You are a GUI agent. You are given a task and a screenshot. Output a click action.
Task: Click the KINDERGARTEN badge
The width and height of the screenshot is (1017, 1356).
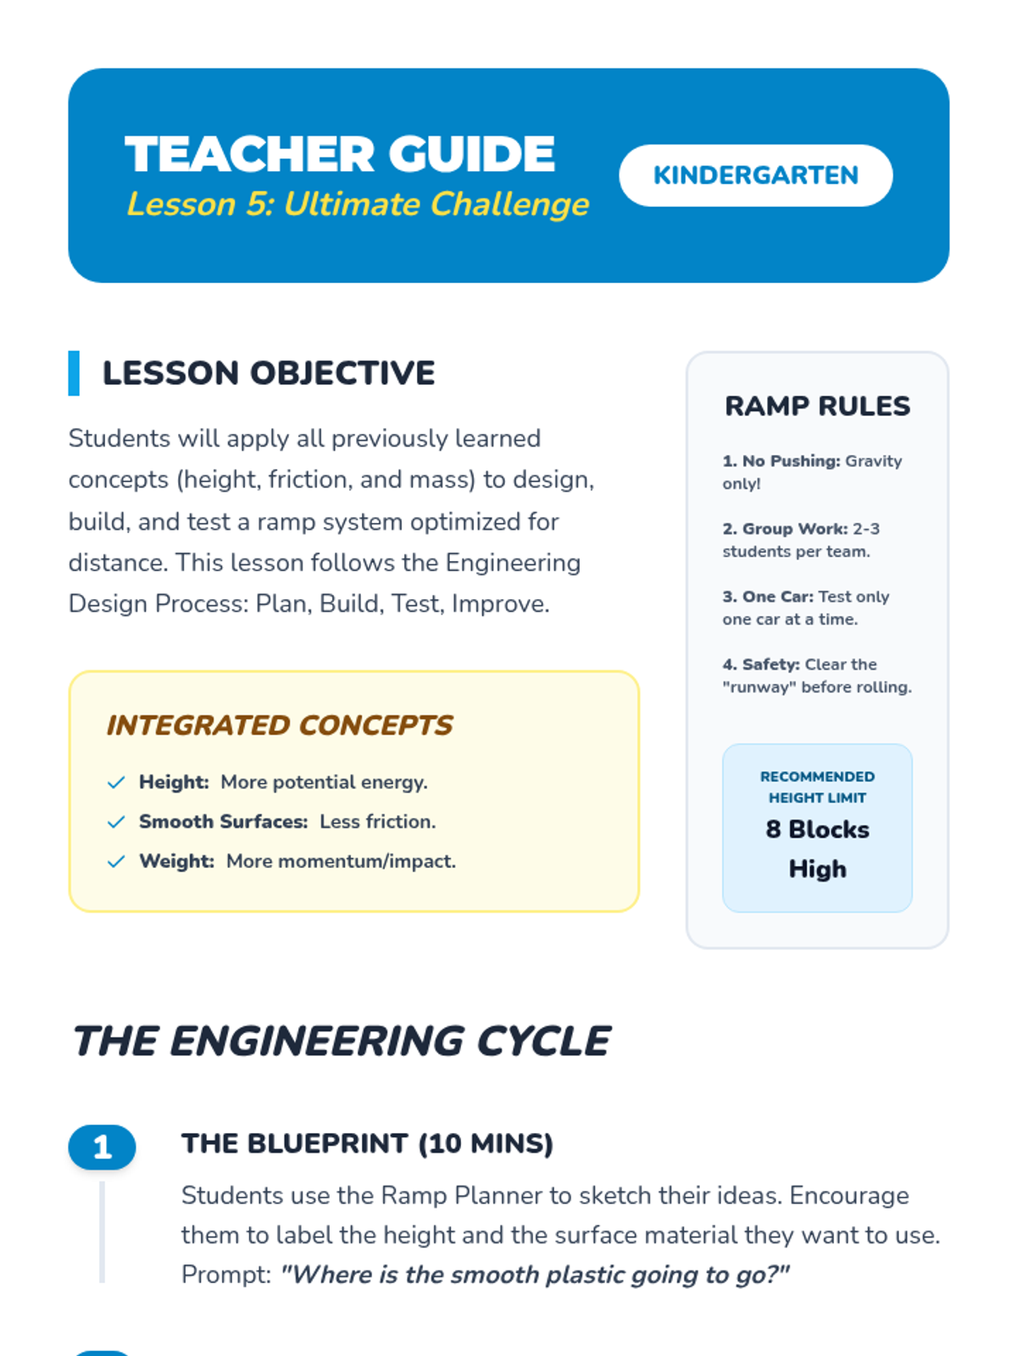755,175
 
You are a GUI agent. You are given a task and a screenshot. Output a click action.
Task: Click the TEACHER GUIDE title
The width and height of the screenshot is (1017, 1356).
340,154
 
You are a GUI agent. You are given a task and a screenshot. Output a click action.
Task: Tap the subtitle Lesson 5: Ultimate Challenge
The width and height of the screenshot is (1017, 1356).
358,204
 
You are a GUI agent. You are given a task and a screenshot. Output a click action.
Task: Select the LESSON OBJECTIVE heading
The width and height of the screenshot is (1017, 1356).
269,373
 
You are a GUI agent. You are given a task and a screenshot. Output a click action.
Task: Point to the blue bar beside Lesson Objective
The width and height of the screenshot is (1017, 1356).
74,373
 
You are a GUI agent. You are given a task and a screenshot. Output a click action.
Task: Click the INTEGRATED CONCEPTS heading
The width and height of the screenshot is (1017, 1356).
280,725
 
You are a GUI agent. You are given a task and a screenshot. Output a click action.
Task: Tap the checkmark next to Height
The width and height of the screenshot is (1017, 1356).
116,782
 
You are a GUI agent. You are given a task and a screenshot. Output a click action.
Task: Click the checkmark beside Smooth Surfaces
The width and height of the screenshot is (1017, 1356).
116,822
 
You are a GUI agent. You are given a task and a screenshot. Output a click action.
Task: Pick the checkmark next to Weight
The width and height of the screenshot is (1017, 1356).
116,862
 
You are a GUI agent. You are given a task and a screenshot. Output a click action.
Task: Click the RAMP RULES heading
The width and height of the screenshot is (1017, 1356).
817,406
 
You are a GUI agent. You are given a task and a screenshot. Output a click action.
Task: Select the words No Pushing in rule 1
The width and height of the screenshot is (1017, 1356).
791,461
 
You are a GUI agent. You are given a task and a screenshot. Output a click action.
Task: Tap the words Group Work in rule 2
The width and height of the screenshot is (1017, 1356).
794,529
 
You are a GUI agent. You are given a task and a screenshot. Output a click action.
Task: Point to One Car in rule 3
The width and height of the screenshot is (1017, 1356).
777,597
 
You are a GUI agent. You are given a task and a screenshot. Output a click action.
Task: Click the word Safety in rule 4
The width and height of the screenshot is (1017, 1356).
770,664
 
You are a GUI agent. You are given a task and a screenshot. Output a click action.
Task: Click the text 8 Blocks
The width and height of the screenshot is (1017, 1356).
817,830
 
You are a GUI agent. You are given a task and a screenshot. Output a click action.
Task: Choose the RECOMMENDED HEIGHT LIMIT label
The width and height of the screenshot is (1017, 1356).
817,787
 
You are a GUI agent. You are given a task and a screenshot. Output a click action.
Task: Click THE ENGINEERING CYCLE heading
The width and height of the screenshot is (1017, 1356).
342,1042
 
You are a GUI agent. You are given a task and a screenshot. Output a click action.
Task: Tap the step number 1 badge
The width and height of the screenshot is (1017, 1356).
102,1148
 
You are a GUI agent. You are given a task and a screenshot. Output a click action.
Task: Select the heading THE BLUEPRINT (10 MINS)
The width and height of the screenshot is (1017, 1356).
367,1144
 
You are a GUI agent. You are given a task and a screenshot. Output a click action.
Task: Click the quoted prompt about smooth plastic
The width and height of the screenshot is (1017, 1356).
535,1275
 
